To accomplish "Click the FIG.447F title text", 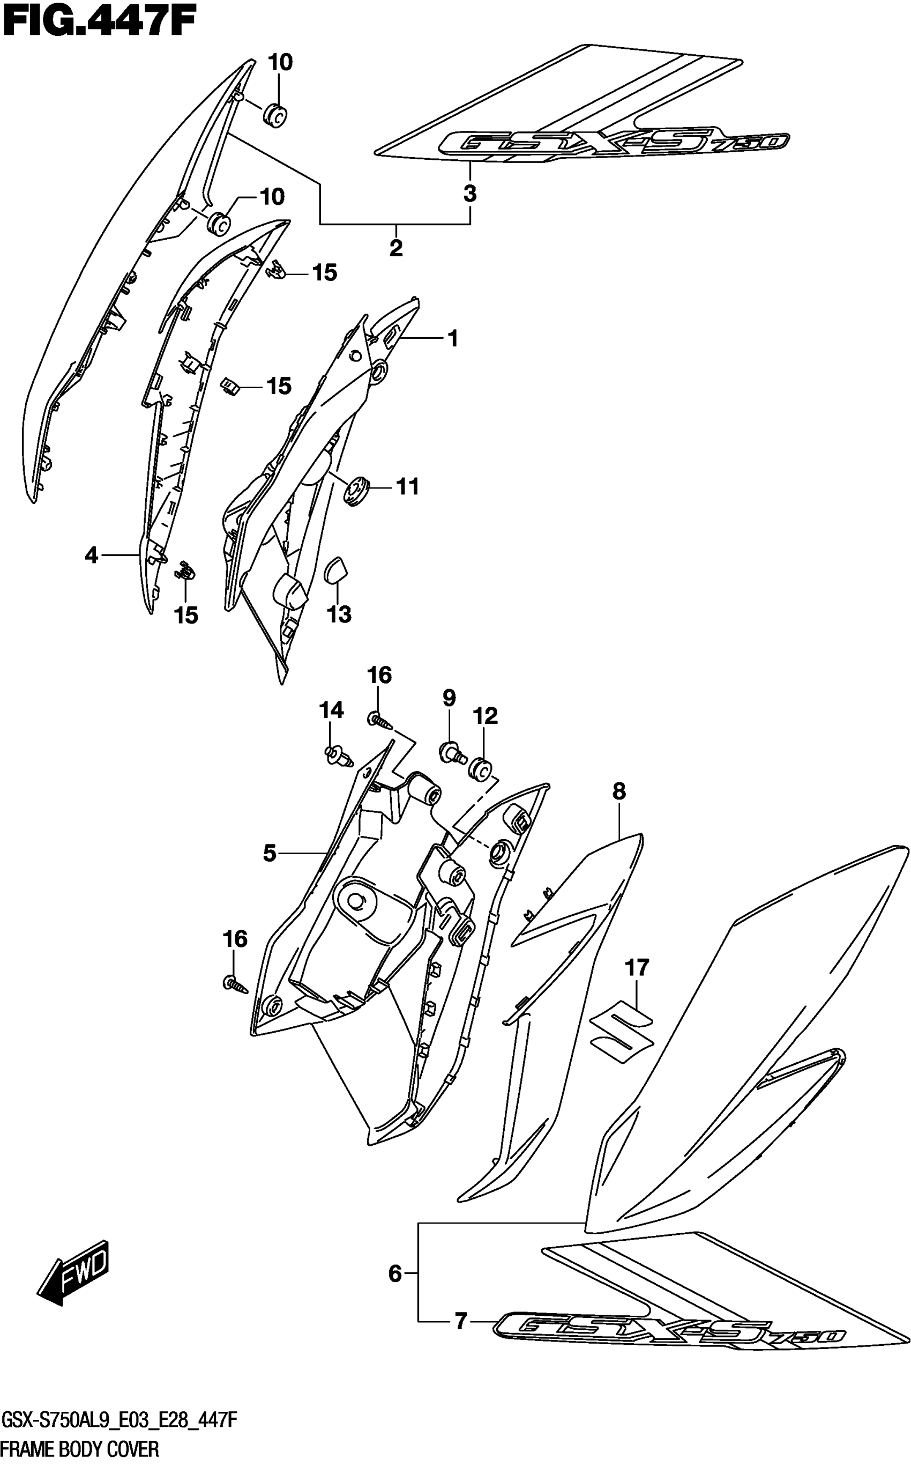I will pos(100,24).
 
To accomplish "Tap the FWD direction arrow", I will pos(73,1272).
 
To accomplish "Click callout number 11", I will pos(407,486).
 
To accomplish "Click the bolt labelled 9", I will pos(452,752).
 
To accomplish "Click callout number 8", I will pos(619,791).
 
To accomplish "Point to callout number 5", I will pos(270,853).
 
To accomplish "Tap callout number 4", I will pos(91,554).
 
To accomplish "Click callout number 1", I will pos(453,338).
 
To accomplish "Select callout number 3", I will pos(470,194).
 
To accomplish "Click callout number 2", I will pos(396,248).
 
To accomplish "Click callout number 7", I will pos(461,1321).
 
